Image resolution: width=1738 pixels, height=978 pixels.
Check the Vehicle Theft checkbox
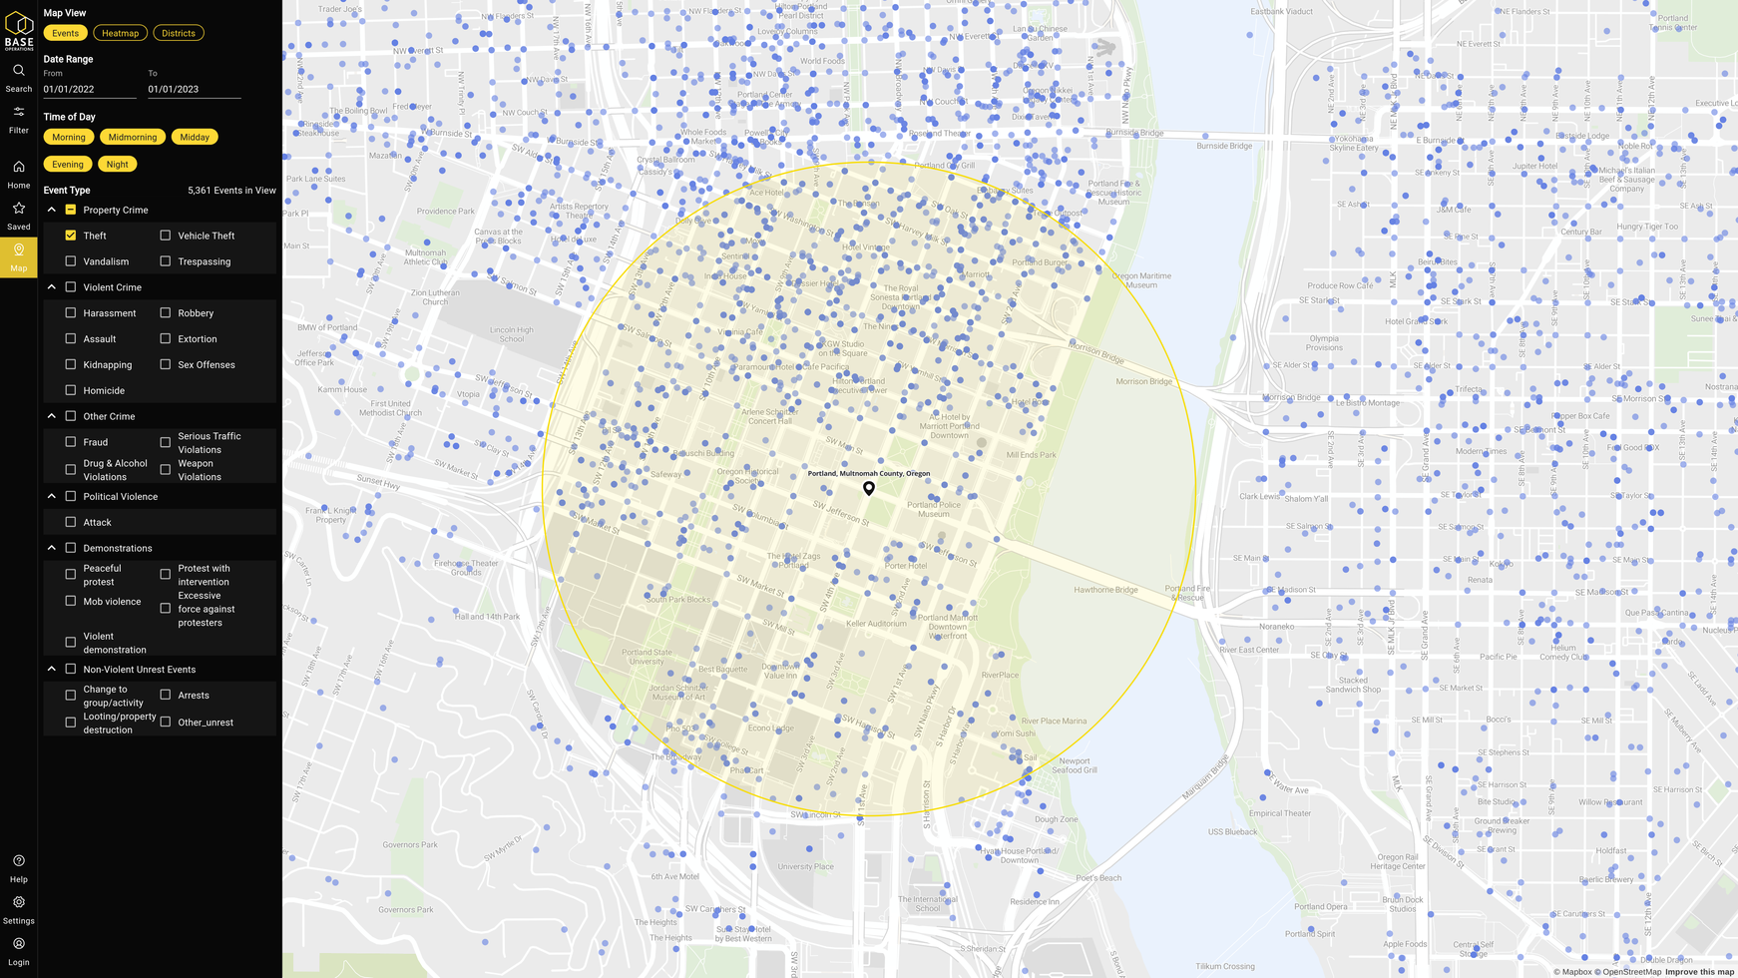tap(166, 236)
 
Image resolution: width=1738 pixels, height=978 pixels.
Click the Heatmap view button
tap(120, 33)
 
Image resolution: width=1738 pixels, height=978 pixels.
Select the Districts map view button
tap(179, 33)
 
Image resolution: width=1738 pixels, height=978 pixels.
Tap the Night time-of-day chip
tap(118, 164)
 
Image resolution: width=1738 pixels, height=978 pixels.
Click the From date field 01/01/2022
tap(89, 89)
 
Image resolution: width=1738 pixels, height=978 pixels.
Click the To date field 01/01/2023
tap(194, 89)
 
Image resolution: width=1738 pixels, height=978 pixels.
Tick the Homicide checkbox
tap(71, 390)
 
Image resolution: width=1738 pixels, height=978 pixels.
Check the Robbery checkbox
tap(166, 313)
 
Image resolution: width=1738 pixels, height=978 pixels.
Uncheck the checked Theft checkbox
tap(71, 236)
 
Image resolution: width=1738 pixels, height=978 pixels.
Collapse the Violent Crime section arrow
tap(52, 287)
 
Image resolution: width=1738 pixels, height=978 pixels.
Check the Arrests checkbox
tap(166, 695)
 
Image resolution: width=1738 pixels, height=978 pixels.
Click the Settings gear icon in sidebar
tap(19, 902)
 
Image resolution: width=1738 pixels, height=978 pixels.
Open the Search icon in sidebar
tap(19, 71)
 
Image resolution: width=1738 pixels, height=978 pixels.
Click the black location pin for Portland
tap(869, 488)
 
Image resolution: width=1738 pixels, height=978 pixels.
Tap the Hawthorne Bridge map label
tap(1105, 590)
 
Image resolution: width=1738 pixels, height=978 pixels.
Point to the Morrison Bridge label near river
tap(1144, 381)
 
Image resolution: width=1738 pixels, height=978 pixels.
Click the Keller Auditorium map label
tap(876, 624)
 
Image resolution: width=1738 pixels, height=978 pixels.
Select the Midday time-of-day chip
tap(195, 137)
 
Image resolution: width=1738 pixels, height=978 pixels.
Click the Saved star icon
tap(19, 209)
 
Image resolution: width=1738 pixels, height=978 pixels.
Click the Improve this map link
tap(1699, 972)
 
